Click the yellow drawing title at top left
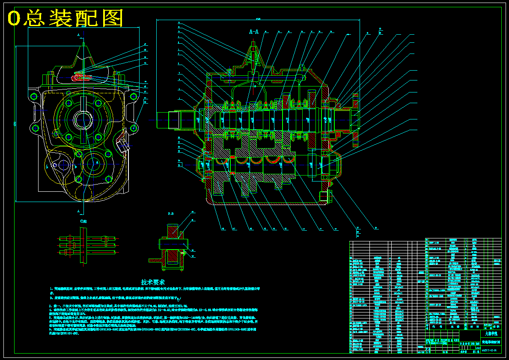coord(65,18)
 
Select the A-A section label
coord(254,31)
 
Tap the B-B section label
coord(170,213)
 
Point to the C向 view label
coord(83,221)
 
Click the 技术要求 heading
coord(153,283)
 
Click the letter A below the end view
coord(79,211)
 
